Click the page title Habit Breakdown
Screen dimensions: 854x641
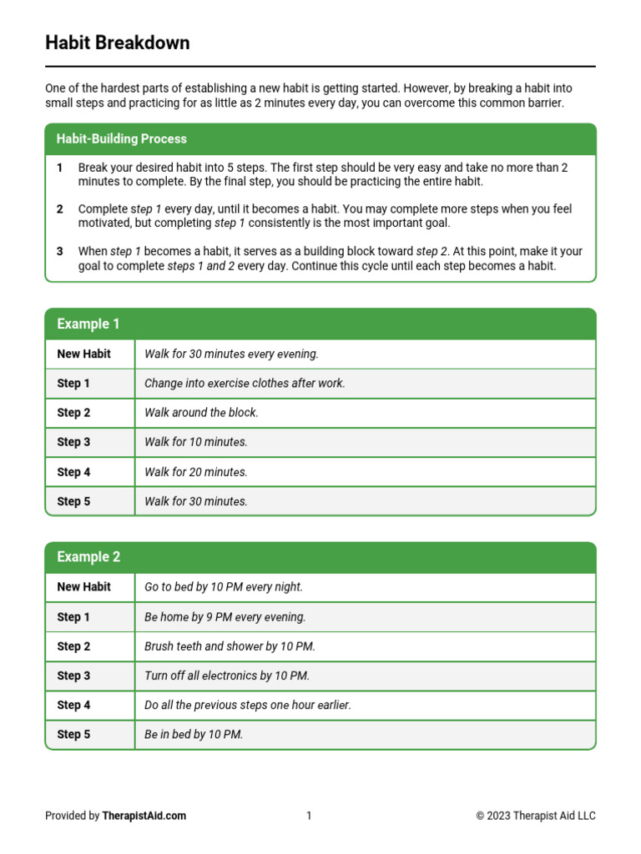click(x=118, y=43)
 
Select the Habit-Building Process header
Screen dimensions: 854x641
click(x=122, y=139)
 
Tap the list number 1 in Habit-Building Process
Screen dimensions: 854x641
click(x=60, y=168)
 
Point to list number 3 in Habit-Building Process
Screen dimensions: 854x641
click(x=60, y=251)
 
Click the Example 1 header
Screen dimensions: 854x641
click(x=88, y=324)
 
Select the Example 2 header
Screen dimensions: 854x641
click(x=88, y=557)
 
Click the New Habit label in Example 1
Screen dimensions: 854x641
click(x=83, y=354)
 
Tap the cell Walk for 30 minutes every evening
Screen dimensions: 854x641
click(x=231, y=354)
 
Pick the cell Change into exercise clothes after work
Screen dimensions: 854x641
click(x=245, y=384)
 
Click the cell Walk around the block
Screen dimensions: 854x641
click(x=201, y=413)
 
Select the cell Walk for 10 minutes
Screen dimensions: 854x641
click(x=196, y=442)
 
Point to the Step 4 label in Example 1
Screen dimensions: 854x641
click(x=73, y=472)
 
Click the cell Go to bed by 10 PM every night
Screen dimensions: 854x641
click(x=224, y=587)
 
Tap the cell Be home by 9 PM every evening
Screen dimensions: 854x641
click(x=225, y=617)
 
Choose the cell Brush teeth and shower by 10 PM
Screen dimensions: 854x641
click(x=230, y=646)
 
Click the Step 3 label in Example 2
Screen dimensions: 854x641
click(x=73, y=676)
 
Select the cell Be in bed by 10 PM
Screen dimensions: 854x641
click(x=194, y=735)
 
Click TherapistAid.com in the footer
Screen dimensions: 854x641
click(x=144, y=816)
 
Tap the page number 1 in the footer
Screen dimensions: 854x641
click(x=309, y=816)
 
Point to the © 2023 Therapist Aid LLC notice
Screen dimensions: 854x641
click(x=536, y=816)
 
